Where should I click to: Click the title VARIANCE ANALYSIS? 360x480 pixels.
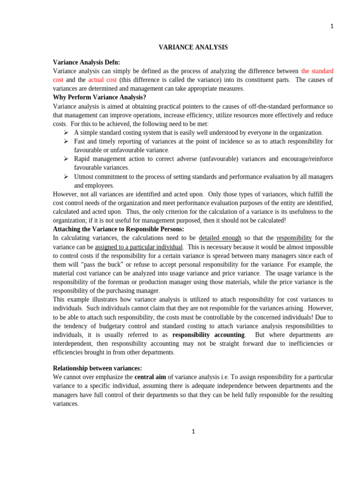[x=193, y=47]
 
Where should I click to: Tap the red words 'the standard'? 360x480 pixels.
[x=317, y=71]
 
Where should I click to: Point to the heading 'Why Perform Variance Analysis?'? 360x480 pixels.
[x=99, y=97]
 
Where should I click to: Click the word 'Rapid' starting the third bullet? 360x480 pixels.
[x=82, y=159]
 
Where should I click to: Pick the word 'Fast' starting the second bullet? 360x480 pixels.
[x=80, y=141]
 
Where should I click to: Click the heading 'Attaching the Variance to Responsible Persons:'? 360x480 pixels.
[x=119, y=229]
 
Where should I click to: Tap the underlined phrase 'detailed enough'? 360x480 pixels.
[x=220, y=238]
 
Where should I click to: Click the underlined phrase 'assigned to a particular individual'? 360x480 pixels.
[x=138, y=247]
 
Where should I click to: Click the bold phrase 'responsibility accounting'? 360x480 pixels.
[x=209, y=335]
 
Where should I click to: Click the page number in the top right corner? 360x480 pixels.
[x=331, y=27]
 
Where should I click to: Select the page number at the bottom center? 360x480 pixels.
[x=193, y=432]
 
